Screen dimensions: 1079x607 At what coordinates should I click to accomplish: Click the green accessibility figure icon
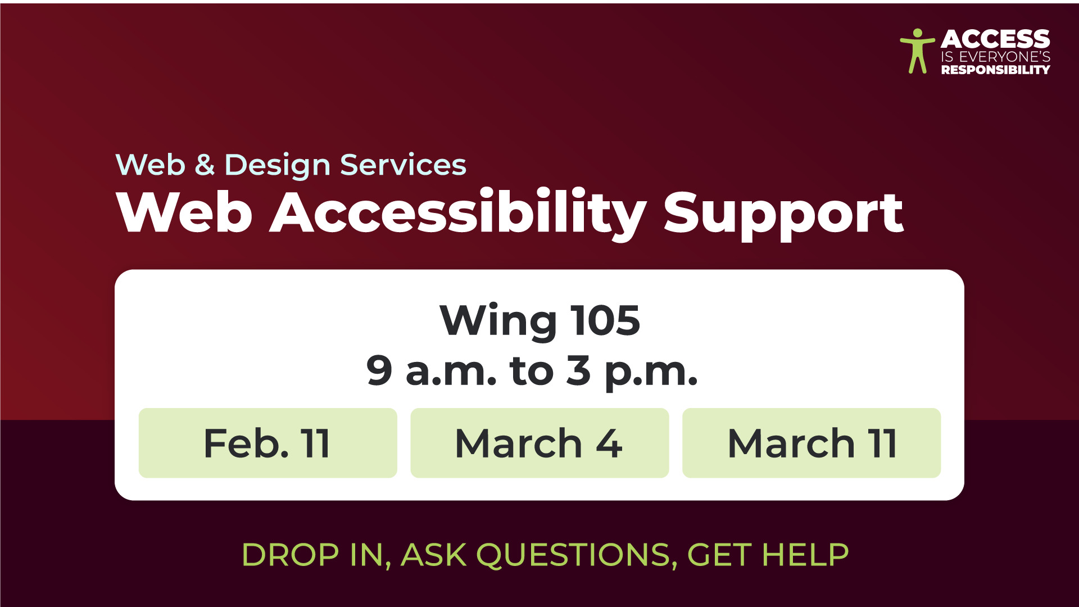(917, 51)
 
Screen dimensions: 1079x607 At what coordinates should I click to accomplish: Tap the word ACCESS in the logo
(995, 39)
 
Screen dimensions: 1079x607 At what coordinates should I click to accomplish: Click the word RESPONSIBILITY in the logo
(996, 70)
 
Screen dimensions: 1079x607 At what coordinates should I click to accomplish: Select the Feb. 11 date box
(268, 443)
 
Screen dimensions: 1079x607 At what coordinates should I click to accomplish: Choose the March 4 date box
(539, 443)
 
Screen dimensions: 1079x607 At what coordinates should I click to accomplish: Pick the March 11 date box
(811, 443)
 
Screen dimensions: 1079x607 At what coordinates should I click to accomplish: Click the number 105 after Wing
(605, 320)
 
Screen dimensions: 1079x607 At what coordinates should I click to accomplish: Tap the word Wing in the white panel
(498, 321)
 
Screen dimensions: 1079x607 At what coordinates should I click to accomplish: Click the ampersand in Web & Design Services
(205, 165)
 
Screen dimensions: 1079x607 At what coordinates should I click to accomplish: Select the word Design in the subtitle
(278, 166)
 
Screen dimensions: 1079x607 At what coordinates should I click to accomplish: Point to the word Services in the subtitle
(404, 165)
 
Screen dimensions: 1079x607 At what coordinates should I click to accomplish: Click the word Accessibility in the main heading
(459, 214)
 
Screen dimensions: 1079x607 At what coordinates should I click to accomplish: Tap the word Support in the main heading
(783, 216)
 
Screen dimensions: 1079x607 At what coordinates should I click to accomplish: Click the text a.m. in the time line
(451, 372)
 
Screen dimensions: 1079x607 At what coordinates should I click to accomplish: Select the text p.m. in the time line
(651, 374)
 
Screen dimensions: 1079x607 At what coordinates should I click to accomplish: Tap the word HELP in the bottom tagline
(805, 555)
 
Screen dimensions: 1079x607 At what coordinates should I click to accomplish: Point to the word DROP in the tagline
(291, 555)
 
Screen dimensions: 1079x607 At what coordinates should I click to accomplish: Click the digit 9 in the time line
(379, 370)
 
